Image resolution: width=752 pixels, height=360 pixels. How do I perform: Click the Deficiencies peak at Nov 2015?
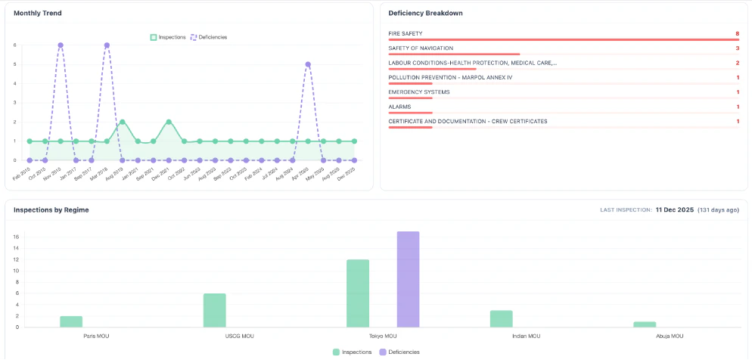(x=61, y=45)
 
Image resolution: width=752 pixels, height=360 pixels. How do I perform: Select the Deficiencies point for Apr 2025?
(x=308, y=64)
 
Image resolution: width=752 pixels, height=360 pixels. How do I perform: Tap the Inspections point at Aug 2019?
(x=123, y=122)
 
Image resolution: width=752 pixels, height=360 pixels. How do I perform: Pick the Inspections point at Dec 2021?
(x=169, y=122)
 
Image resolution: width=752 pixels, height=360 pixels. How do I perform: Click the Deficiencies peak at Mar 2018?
(x=107, y=45)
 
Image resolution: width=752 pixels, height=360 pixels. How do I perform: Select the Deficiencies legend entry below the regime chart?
(x=398, y=352)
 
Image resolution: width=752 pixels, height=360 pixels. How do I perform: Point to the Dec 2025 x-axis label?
(x=347, y=175)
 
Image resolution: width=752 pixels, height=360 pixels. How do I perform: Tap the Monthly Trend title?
(x=38, y=13)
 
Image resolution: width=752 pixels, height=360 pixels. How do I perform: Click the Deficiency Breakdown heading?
(x=425, y=13)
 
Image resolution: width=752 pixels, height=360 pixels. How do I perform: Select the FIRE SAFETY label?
(x=406, y=33)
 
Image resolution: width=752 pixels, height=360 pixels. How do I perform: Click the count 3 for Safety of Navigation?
(x=737, y=48)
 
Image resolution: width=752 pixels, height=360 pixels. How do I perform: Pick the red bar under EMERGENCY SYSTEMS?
(x=410, y=98)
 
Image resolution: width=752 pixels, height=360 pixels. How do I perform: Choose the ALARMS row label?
(x=399, y=107)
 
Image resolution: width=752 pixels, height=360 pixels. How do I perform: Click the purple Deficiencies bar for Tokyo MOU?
(x=408, y=279)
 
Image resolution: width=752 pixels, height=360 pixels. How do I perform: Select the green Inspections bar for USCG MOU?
(x=215, y=310)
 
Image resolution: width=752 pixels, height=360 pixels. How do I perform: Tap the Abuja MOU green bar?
(x=645, y=324)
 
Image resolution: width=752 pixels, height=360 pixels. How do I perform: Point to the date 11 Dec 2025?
(x=674, y=209)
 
